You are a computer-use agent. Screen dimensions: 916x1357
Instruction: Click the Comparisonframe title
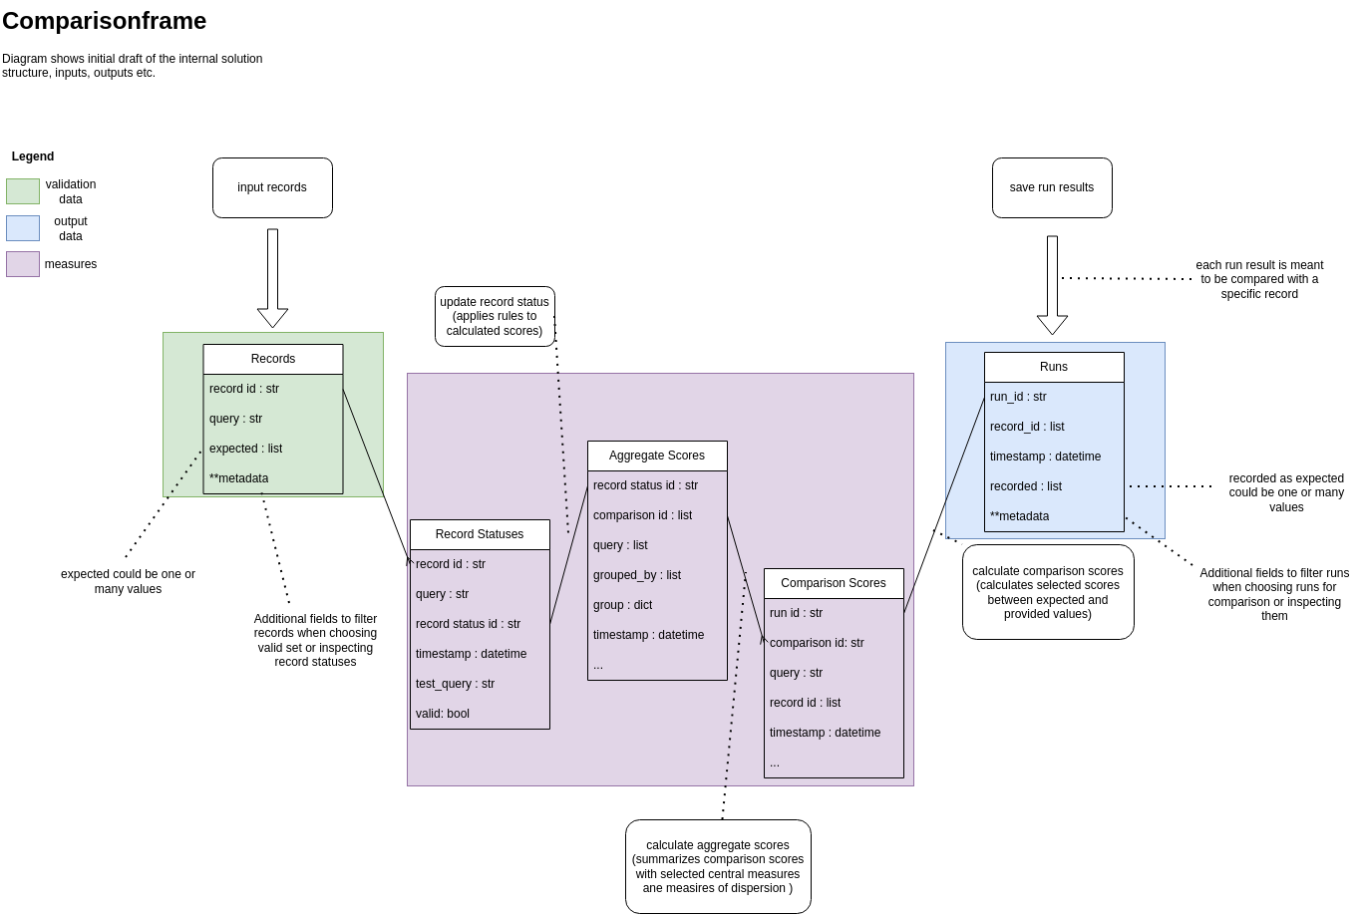click(x=105, y=21)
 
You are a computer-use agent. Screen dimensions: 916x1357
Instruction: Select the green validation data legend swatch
click(x=23, y=191)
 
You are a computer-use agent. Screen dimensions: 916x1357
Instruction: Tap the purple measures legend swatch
click(x=23, y=264)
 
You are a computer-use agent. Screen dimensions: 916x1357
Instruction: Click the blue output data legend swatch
click(x=23, y=228)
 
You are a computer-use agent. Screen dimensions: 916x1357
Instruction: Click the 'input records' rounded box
click(x=272, y=187)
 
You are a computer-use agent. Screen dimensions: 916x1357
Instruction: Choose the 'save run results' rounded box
click(x=1052, y=187)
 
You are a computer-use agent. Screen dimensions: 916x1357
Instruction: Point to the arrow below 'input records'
click(x=272, y=278)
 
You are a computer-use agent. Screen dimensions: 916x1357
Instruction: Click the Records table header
click(x=273, y=359)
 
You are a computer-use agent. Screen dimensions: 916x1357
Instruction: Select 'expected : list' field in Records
click(x=246, y=449)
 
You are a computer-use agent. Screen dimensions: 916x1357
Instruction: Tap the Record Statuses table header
click(x=480, y=534)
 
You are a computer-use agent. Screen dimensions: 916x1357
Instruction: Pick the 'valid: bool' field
click(x=443, y=714)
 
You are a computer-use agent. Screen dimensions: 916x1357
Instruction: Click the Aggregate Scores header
click(x=657, y=456)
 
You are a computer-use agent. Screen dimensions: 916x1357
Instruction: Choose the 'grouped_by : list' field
click(x=637, y=575)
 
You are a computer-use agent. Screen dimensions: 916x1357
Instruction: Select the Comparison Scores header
click(x=834, y=583)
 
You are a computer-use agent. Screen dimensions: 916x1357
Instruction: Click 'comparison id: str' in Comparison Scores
click(x=817, y=643)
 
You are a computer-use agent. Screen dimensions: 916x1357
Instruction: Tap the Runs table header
click(x=1054, y=367)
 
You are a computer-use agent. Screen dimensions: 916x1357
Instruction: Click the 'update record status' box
click(x=495, y=316)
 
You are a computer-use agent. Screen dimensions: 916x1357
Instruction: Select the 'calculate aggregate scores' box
click(x=718, y=866)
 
